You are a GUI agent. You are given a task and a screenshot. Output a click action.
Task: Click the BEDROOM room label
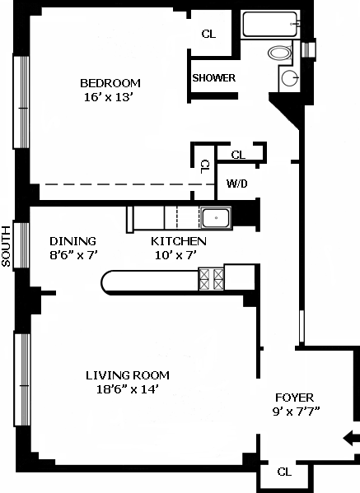110,83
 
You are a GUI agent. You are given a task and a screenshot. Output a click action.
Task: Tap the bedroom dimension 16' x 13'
107,97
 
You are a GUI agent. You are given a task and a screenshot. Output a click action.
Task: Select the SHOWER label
214,78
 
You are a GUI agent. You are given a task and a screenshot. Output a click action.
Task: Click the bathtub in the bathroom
270,24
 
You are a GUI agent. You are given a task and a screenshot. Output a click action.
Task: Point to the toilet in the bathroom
280,53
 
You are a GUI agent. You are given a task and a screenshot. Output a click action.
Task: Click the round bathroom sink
289,78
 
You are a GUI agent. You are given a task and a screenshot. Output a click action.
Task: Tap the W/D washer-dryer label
237,184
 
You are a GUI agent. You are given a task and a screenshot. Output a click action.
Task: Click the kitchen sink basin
216,218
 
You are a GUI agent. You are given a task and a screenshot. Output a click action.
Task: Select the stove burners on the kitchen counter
211,279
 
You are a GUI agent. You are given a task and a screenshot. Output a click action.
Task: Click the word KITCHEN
179,241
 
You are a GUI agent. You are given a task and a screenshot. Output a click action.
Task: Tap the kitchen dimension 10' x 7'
175,255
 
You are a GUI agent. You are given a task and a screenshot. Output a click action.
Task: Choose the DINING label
72,241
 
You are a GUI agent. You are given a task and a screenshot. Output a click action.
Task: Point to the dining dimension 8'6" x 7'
74,255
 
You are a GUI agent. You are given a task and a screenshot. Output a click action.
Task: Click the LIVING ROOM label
128,375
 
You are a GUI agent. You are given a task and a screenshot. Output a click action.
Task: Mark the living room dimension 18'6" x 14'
127,389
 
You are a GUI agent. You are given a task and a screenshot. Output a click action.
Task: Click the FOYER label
295,398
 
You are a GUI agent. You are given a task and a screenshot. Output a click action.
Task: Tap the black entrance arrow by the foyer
351,438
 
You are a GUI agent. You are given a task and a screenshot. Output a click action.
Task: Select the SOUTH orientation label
6,247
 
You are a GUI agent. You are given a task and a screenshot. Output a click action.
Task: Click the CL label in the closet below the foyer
284,472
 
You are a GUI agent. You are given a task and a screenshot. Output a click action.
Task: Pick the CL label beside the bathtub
208,34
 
